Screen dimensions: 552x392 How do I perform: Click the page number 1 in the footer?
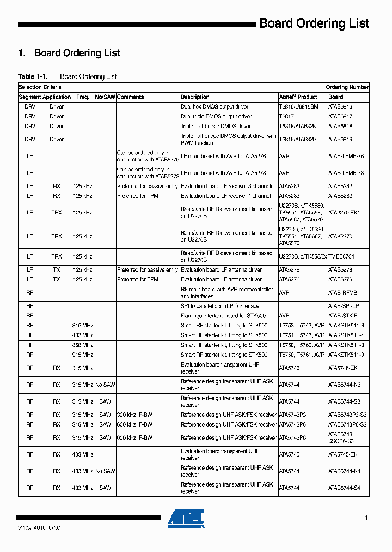pyautogui.click(x=367, y=518)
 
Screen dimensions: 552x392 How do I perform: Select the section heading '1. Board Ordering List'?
pyautogui.click(x=69, y=53)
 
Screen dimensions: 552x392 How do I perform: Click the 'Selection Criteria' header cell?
pyautogui.click(x=40, y=87)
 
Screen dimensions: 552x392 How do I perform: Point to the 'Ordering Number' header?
pyautogui.click(x=347, y=87)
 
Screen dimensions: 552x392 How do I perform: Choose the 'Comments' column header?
pyautogui.click(x=131, y=97)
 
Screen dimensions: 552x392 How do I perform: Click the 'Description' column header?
pyautogui.click(x=195, y=97)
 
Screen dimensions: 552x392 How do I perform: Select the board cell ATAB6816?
pyautogui.click(x=340, y=107)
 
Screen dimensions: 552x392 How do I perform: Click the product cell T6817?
pyautogui.click(x=286, y=117)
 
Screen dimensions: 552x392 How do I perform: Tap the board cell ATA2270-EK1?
pyautogui.click(x=344, y=212)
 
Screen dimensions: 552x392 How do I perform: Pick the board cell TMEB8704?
pyautogui.click(x=341, y=256)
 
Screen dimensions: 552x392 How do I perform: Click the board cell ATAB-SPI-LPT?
pyautogui.click(x=345, y=307)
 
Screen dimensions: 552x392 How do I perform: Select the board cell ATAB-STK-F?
pyautogui.click(x=342, y=316)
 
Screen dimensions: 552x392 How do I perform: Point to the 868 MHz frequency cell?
pyautogui.click(x=83, y=345)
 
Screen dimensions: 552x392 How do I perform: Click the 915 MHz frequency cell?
pyautogui.click(x=83, y=355)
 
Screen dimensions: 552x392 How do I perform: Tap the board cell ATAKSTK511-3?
pyautogui.click(x=346, y=326)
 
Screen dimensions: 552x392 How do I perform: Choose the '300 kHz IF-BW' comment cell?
pyautogui.click(x=134, y=415)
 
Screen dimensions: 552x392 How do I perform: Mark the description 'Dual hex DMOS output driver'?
pyautogui.click(x=215, y=107)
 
